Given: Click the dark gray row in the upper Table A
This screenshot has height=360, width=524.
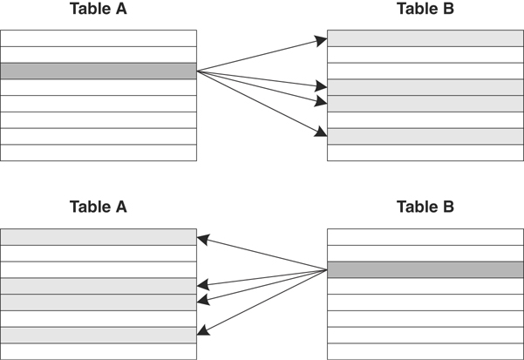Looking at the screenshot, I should tap(98, 71).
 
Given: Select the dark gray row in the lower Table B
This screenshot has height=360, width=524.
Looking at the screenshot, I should tap(425, 269).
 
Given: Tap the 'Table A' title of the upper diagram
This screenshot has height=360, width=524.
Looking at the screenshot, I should tap(98, 10).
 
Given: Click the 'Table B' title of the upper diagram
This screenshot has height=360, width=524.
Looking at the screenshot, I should tap(425, 10).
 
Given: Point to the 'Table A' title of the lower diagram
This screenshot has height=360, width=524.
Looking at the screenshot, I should tap(98, 207).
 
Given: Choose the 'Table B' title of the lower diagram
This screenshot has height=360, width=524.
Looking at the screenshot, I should tap(425, 207).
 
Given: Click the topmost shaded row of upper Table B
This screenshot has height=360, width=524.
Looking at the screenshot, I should tap(425, 38).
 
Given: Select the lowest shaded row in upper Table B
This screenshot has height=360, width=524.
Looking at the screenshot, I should tap(425, 136).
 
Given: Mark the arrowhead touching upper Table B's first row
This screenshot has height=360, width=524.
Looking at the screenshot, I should tap(322, 39).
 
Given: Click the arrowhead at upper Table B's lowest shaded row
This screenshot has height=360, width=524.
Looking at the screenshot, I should tap(322, 133).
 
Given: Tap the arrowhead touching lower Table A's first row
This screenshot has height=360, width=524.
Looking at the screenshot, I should tap(202, 237).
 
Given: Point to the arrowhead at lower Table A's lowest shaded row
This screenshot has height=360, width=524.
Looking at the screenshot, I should tap(202, 331).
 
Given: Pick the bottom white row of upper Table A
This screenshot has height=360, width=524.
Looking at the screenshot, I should tap(98, 153).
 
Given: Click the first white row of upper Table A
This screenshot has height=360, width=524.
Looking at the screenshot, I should tap(98, 38).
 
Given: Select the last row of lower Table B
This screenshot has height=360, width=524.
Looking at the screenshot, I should tap(425, 351).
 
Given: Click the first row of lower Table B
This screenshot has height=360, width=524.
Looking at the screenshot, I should tap(425, 236).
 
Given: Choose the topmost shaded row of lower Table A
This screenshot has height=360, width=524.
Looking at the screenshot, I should tap(98, 236).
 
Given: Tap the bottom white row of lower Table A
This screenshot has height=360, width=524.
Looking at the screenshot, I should tap(98, 351).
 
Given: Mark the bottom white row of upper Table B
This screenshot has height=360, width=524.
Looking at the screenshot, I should tap(425, 153).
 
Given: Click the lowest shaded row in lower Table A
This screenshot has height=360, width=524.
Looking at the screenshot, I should tap(98, 335).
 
